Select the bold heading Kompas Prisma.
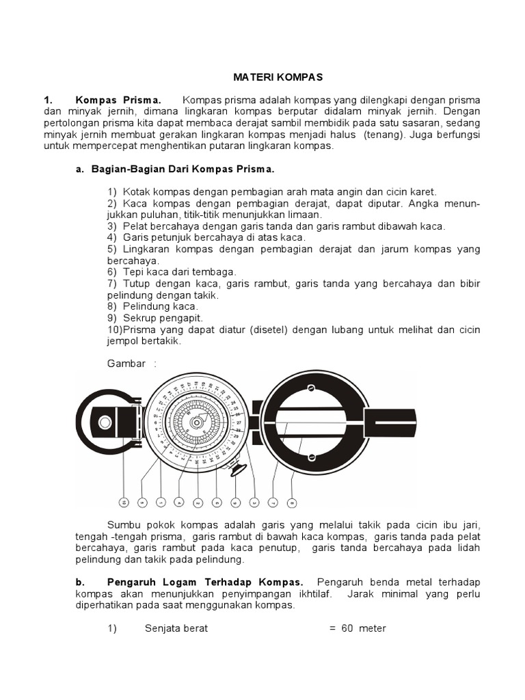point(118,100)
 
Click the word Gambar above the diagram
point(126,363)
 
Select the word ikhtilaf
point(310,593)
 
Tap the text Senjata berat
point(176,628)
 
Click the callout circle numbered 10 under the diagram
point(124,502)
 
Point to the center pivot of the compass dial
point(196,422)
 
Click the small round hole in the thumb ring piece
point(104,422)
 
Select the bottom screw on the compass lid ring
point(310,457)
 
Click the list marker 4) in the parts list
point(112,237)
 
